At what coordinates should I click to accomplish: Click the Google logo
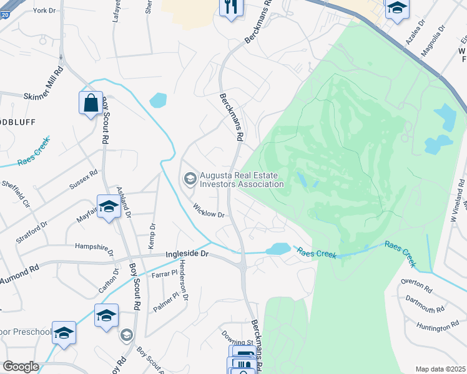pyautogui.click(x=21, y=367)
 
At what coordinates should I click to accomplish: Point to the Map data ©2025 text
pyautogui.click(x=440, y=369)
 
